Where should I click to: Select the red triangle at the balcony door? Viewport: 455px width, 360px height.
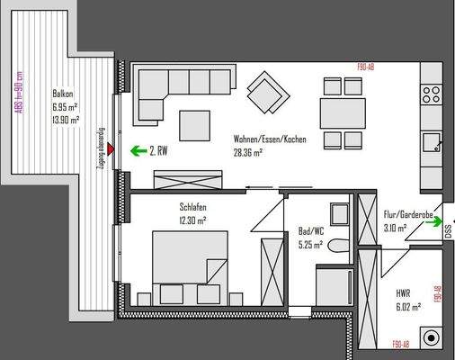pyautogui.click(x=109, y=149)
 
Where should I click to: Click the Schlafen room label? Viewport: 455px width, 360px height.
pyautogui.click(x=194, y=207)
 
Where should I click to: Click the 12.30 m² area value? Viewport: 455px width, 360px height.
pyautogui.click(x=194, y=220)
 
